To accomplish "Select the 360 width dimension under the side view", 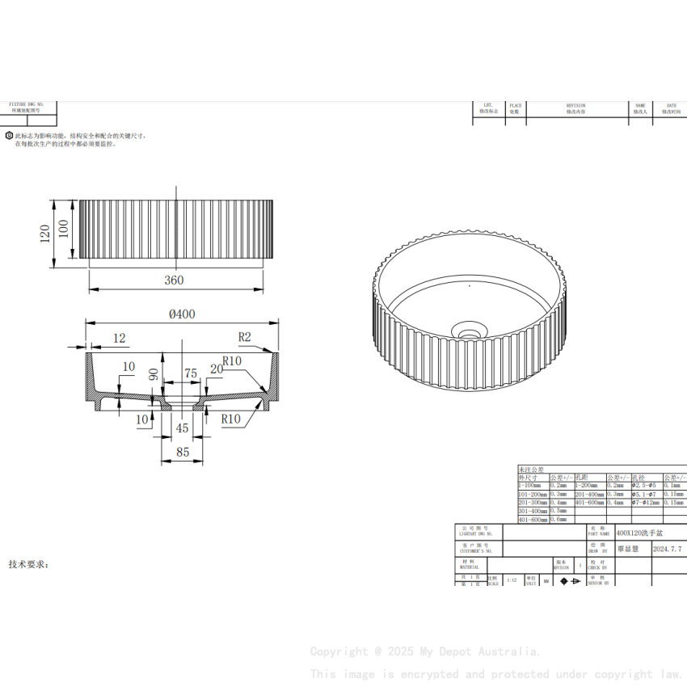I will click(174, 280).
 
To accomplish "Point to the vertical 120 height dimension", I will click(44, 234).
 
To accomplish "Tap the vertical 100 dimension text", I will click(64, 230).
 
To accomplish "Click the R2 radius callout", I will click(245, 337).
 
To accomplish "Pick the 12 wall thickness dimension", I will click(119, 338).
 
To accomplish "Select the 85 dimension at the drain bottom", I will click(183, 453).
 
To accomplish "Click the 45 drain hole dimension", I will click(182, 428).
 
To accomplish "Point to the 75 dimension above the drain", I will click(191, 373).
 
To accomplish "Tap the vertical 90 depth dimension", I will click(154, 375).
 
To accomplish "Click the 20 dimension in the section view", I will click(216, 369).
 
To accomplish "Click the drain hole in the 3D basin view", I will click(468, 329).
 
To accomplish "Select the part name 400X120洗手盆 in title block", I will click(639, 533).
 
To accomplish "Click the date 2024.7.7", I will click(667, 548).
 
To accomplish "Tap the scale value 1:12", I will click(511, 580).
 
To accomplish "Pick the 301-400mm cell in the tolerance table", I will click(532, 511).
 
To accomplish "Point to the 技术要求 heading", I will click(29, 563).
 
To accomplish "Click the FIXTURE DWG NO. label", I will click(27, 105).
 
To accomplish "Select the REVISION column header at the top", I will click(575, 105).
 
